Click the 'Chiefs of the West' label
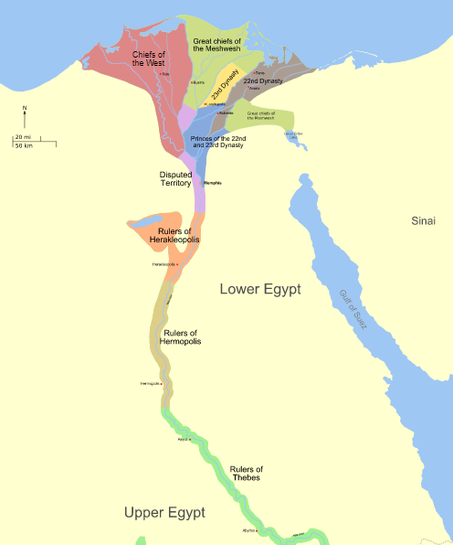coord(148,59)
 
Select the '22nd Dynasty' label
coord(263,81)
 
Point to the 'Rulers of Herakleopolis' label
coord(179,235)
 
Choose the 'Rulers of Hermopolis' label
coord(181,337)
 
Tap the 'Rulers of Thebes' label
coord(247,473)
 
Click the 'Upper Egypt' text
coord(164,512)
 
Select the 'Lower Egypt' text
coord(260,289)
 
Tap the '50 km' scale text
coord(24,146)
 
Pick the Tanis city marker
coord(252,72)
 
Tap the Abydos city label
coord(248,530)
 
